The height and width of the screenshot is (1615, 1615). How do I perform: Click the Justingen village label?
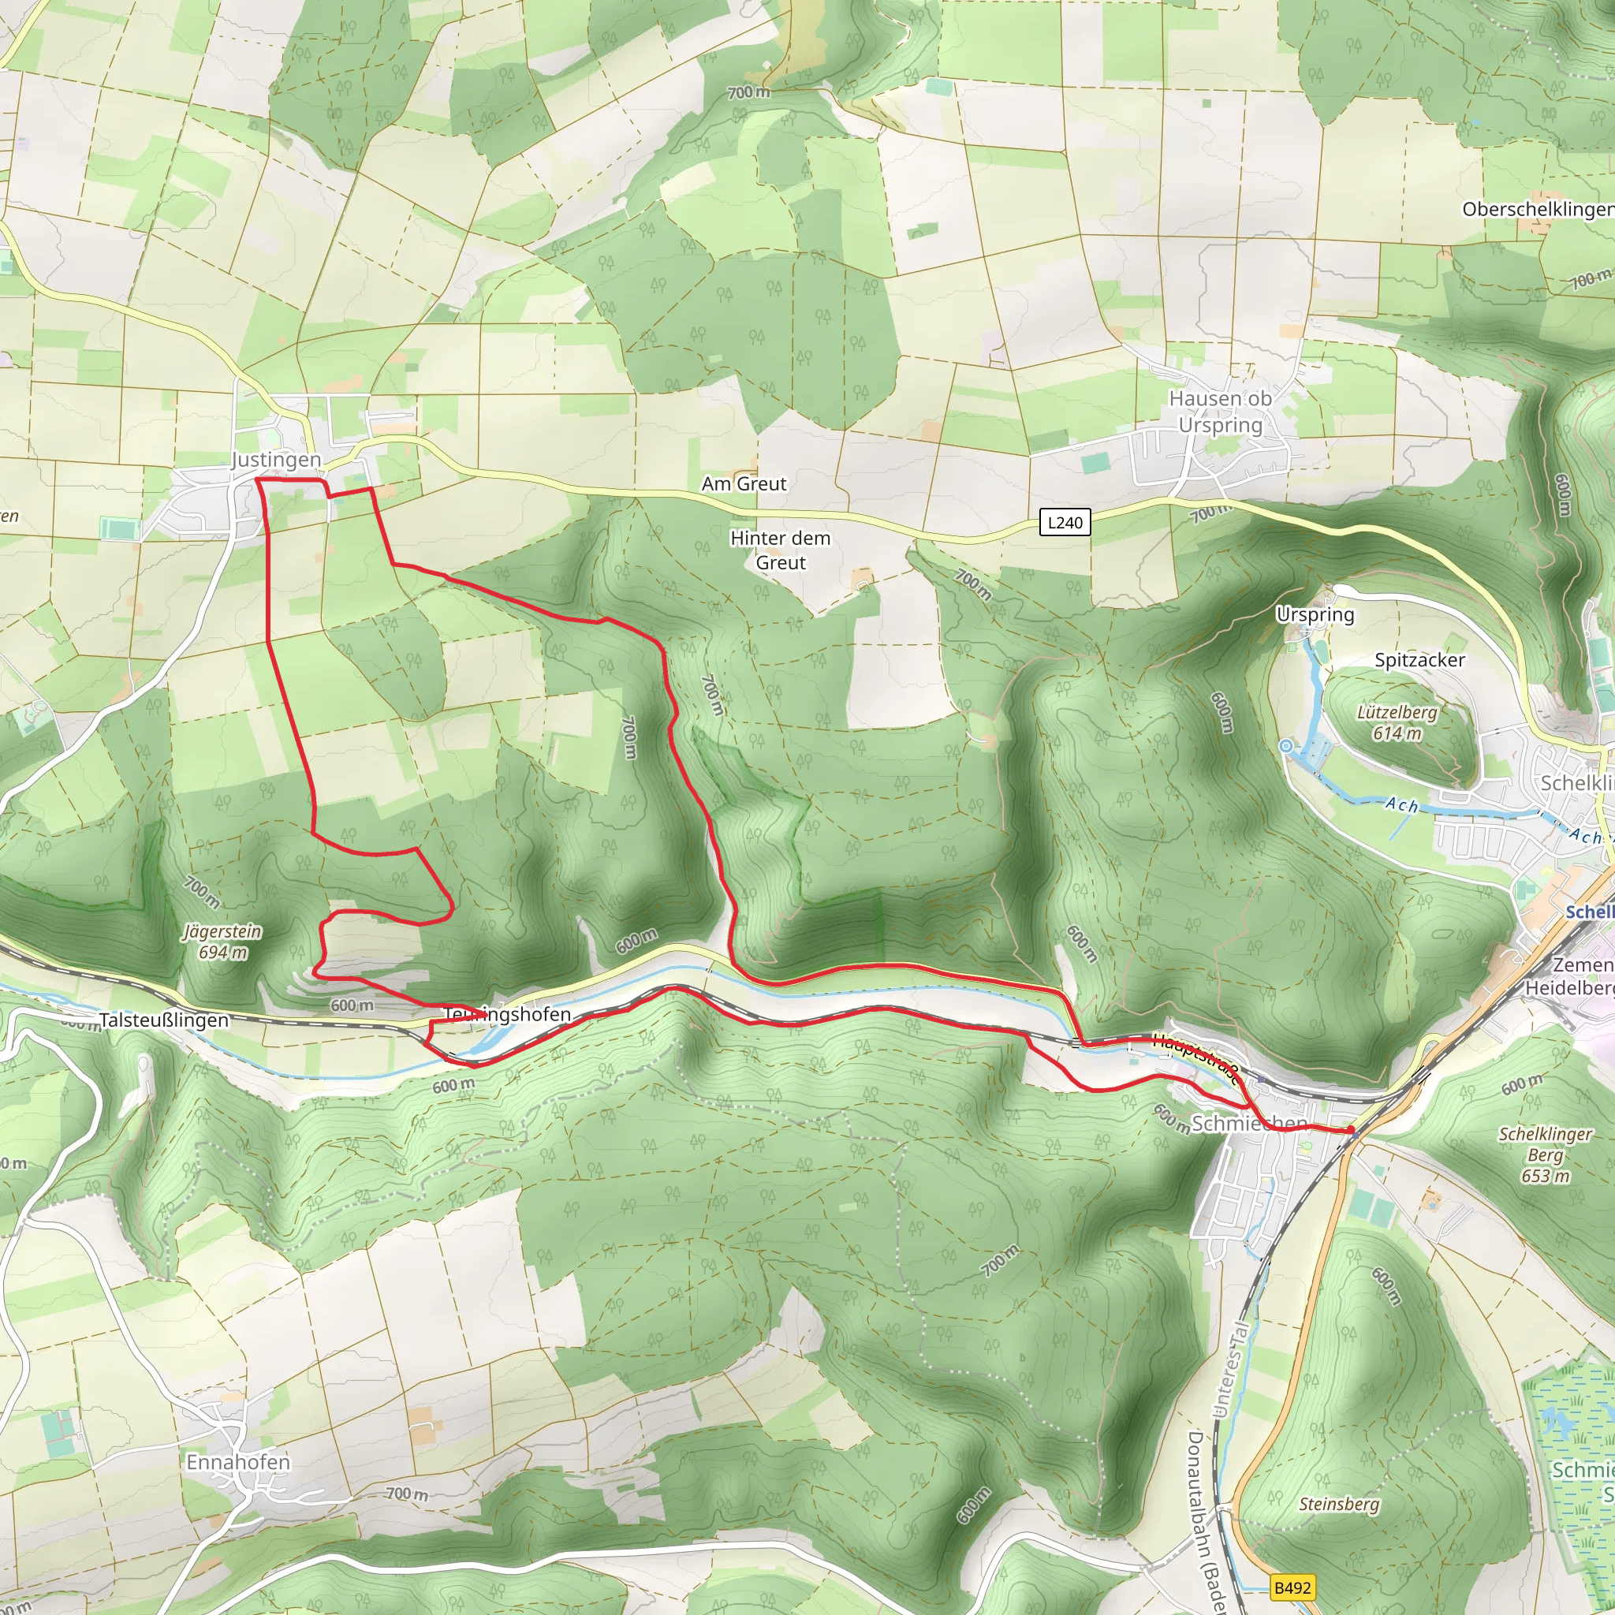tap(276, 460)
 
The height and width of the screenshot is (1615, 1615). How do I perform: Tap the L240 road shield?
tap(1064, 523)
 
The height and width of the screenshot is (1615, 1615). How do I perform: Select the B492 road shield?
tap(1292, 1587)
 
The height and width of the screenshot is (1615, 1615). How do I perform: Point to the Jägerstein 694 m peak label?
tap(222, 942)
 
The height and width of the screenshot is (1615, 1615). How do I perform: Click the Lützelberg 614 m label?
tap(1396, 722)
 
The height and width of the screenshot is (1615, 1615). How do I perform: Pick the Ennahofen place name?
tap(238, 1462)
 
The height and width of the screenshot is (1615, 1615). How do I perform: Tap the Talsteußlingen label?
tap(164, 1020)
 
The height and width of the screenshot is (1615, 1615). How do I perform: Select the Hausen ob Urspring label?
tap(1220, 412)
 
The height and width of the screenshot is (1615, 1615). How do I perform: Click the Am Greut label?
tap(743, 483)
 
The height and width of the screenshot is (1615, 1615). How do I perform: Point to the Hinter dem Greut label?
tap(780, 550)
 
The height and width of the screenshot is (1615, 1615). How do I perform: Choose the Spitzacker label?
tap(1419, 659)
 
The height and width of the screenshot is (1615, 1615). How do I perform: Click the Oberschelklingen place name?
tap(1536, 209)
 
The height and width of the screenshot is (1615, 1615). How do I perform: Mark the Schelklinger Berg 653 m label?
tap(1545, 1154)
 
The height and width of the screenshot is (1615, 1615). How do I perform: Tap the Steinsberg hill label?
tap(1338, 1504)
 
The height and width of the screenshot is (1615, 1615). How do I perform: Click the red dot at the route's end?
tap(1351, 1130)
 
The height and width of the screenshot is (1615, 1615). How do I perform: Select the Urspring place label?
tap(1314, 614)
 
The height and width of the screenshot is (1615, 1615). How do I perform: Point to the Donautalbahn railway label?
tap(1203, 1521)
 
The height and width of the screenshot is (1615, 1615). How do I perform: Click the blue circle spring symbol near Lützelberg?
tap(1286, 746)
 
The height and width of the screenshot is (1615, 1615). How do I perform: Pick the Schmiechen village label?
tap(1249, 1123)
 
